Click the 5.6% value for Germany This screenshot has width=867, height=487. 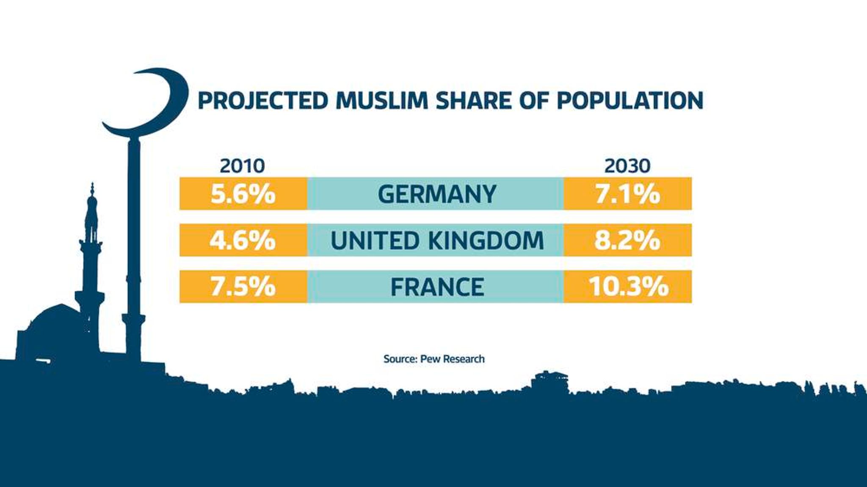243,194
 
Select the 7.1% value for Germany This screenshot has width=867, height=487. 627,194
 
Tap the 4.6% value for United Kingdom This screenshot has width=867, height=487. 243,240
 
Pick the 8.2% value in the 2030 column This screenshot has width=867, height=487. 627,240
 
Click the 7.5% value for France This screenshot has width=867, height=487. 243,287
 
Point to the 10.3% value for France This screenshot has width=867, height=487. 628,287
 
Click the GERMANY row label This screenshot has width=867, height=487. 436,194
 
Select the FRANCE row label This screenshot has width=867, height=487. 437,287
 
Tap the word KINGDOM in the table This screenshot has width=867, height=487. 486,240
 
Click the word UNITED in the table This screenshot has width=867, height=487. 375,240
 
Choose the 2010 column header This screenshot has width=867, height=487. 242,166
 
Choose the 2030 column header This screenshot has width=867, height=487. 627,166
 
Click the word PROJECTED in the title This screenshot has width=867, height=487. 263,101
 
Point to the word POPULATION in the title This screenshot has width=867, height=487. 630,101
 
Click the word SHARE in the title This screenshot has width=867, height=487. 473,101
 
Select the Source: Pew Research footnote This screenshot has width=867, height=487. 433,359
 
